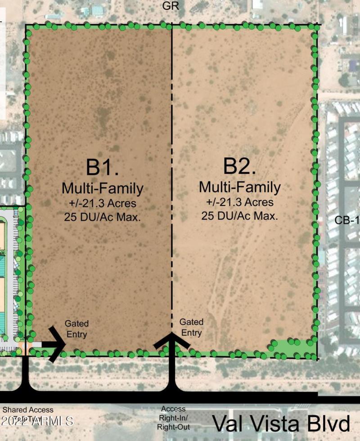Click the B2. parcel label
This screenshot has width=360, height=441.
[240, 166]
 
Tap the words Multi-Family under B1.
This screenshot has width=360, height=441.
[103, 187]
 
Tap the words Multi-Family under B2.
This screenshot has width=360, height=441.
[240, 187]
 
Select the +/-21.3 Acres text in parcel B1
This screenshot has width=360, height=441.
[103, 203]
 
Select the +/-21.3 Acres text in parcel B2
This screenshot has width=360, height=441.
[240, 202]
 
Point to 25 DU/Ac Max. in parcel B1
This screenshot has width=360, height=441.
[103, 217]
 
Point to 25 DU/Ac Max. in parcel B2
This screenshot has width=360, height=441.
[240, 216]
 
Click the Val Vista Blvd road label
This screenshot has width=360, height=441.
[281, 424]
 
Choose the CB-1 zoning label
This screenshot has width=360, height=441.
[347, 220]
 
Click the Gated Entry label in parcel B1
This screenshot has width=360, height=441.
[76, 329]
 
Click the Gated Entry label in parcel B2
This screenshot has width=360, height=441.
[191, 327]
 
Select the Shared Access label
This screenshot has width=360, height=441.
[28, 410]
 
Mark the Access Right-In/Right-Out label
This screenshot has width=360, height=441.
[173, 418]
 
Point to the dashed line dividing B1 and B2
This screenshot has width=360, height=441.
[171, 180]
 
